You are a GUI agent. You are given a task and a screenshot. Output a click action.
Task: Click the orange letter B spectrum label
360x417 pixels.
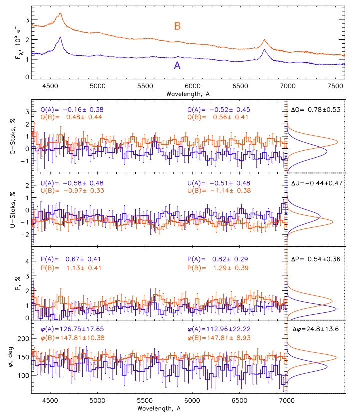pyautogui.click(x=177, y=26)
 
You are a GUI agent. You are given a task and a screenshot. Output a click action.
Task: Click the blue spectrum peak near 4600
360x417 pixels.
pyautogui.click(x=60, y=37)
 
